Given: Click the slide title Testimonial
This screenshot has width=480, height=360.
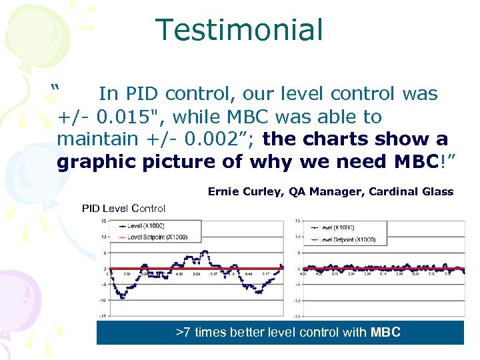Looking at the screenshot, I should click(239, 30).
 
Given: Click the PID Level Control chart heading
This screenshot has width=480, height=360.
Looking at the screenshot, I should click(123, 208).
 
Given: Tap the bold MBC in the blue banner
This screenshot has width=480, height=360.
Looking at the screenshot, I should click(385, 332).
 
